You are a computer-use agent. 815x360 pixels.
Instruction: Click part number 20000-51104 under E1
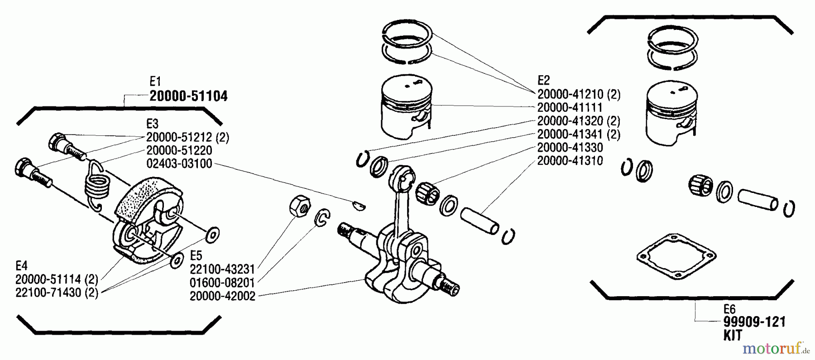[x=188, y=96]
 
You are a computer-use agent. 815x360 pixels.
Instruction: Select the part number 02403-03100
[x=179, y=163]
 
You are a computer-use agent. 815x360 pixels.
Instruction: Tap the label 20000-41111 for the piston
[x=570, y=108]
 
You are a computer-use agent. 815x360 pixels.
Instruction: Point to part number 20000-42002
[x=222, y=296]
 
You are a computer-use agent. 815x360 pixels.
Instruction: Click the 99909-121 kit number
[x=754, y=322]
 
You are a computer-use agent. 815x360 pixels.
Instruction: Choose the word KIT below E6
[x=733, y=336]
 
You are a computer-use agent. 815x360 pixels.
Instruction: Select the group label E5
[x=196, y=255]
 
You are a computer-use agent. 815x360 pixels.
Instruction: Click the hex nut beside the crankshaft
[x=299, y=206]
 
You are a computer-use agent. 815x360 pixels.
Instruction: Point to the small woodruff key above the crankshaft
[x=359, y=205]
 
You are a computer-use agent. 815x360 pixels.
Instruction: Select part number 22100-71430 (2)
[x=57, y=293]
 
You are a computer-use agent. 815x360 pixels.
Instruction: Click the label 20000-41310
[x=570, y=161]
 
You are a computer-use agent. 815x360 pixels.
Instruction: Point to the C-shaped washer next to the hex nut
[x=322, y=218]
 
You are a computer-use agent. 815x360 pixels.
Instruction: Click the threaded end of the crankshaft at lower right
[x=450, y=287]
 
